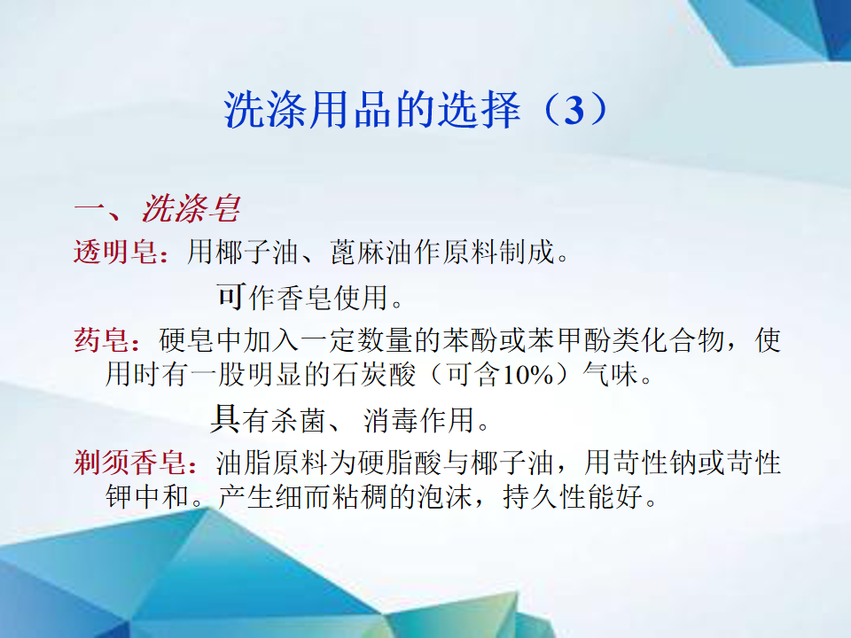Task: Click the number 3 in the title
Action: click(x=574, y=110)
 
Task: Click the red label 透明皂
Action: click(x=116, y=253)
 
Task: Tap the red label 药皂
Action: click(x=102, y=340)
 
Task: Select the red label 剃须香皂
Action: click(x=130, y=463)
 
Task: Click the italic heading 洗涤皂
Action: click(x=191, y=208)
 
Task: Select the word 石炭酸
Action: click(x=373, y=375)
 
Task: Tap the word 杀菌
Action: click(x=298, y=420)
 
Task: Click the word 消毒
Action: click(x=391, y=420)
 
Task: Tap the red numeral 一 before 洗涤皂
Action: click(x=90, y=208)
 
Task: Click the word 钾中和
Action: click(x=148, y=496)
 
